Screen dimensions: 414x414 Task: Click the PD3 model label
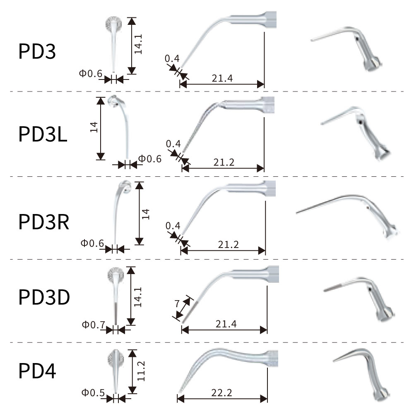point(37,51)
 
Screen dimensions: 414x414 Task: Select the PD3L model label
point(43,134)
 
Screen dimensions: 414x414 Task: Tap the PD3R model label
point(44,222)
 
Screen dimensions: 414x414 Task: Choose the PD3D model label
point(44,297)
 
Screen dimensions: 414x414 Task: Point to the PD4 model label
point(37,371)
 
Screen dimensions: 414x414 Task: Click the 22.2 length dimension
point(222,393)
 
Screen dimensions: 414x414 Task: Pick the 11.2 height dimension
point(141,371)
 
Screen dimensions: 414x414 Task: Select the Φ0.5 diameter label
point(93,392)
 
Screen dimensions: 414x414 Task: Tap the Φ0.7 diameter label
point(94,325)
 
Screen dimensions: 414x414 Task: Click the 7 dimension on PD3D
point(177,303)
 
